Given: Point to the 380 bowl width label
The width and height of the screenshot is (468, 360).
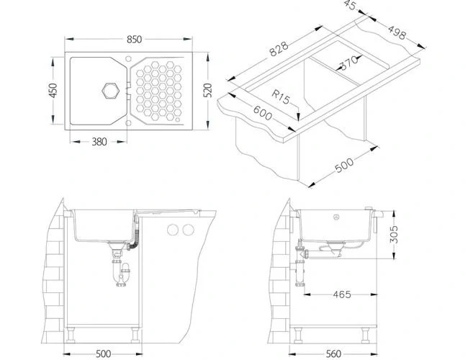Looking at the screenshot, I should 99,141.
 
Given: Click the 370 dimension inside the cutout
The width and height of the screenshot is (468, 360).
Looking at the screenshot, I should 348,63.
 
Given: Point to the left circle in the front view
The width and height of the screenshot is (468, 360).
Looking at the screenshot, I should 173,230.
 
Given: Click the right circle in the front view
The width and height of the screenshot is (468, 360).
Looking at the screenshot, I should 188,230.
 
